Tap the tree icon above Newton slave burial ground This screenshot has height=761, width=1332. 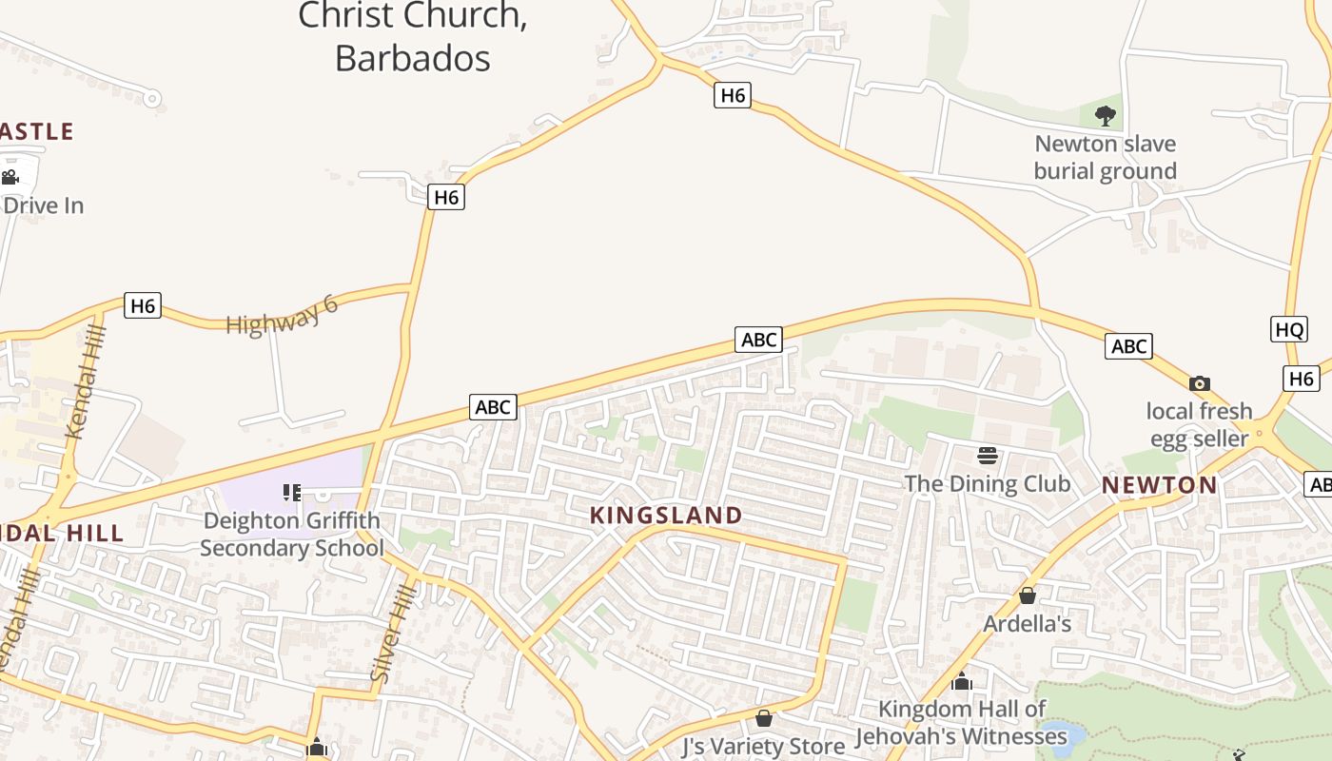[x=1105, y=116]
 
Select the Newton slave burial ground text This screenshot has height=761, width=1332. [x=1106, y=158]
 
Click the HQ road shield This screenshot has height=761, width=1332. [x=1289, y=329]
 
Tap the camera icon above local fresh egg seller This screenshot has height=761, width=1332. [x=1200, y=383]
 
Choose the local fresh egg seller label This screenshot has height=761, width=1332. [x=1199, y=424]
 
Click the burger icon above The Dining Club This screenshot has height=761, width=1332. [x=987, y=456]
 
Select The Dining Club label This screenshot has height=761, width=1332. [x=987, y=483]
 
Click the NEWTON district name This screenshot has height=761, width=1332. [x=1159, y=485]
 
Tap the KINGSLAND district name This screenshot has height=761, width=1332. [x=666, y=516]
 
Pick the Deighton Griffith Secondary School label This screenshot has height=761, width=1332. [x=291, y=535]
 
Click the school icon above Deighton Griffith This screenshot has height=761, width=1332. [x=292, y=492]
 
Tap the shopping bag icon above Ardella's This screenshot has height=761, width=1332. [x=1027, y=596]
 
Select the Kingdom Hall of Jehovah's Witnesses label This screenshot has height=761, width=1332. [x=961, y=723]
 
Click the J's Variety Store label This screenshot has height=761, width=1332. [x=763, y=746]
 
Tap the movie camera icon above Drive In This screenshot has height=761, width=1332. [x=10, y=177]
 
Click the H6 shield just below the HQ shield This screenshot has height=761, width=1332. [x=1301, y=379]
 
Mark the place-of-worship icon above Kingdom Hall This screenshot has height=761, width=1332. [x=961, y=682]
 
